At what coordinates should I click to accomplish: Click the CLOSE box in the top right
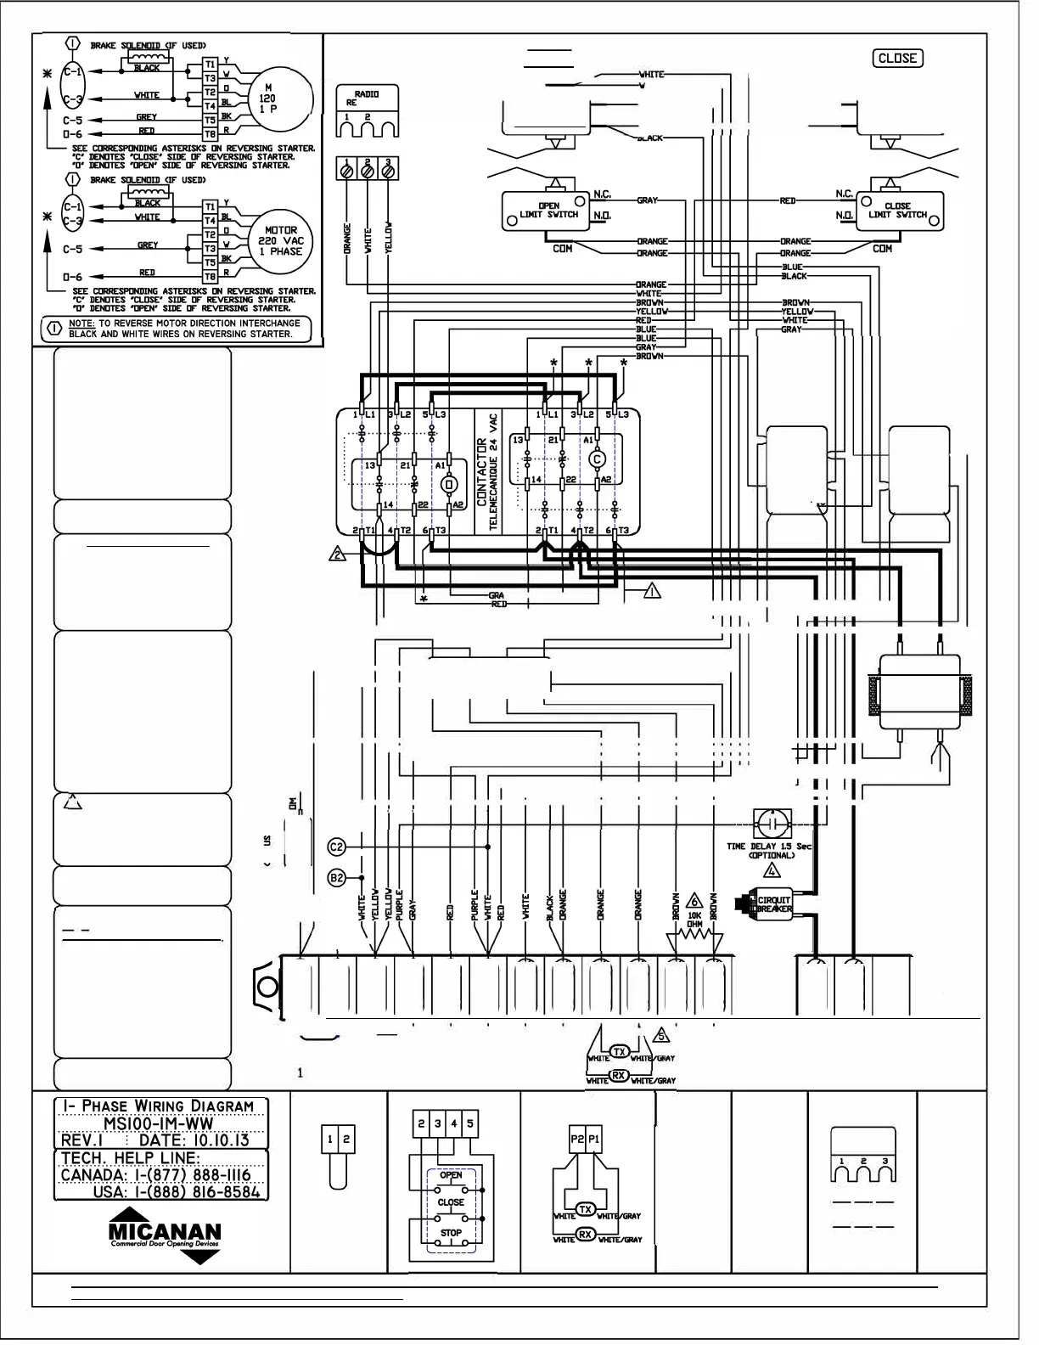897,59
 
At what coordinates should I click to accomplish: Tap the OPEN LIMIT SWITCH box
548,211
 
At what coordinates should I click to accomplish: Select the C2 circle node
336,847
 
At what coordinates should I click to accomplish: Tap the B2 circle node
336,877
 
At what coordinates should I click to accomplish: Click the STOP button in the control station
451,1234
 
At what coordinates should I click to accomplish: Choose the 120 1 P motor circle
268,98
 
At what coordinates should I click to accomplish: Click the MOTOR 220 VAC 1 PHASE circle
281,241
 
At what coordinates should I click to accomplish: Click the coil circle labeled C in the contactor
597,459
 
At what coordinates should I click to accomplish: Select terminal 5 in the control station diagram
470,1123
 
